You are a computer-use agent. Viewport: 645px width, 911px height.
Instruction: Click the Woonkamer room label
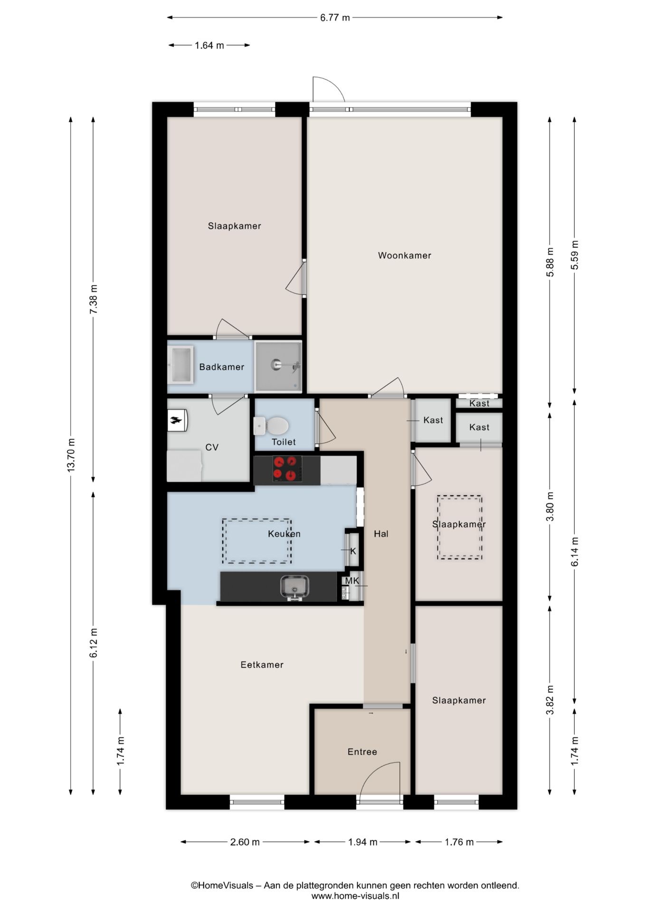404,255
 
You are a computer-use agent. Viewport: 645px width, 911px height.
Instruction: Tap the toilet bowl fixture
275,426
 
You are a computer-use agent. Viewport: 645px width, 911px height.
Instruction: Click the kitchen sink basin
294,587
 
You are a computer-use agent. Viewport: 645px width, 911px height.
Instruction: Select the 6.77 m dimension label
334,18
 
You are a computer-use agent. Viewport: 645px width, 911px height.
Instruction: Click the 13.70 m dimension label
71,455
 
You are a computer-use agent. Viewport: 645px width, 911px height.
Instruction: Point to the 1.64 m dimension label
209,46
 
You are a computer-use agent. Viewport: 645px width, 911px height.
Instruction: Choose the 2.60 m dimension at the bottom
245,842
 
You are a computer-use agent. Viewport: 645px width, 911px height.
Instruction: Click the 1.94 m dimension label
362,842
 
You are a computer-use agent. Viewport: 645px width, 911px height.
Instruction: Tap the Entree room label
362,752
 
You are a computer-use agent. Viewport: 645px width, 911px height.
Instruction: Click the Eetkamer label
262,665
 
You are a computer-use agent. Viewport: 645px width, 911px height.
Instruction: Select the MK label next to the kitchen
351,581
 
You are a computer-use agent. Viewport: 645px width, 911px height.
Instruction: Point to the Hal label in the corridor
381,534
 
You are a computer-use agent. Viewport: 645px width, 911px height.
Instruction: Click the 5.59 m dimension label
575,255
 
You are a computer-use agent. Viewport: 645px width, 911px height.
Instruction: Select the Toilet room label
284,442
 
